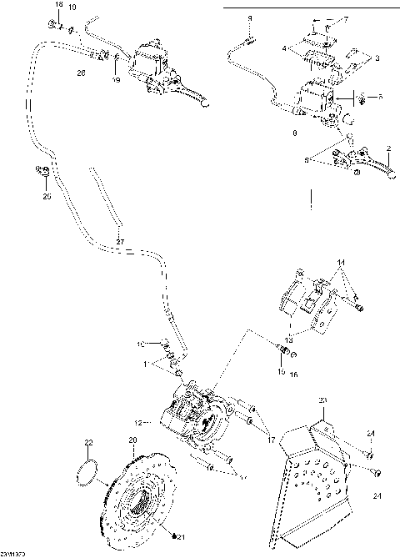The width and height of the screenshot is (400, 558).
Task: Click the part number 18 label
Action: coord(57,6)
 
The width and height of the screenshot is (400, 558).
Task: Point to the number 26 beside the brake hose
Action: coord(81,73)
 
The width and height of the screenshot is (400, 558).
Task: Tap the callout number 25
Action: coord(47,198)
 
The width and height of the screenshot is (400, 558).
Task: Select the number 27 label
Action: coord(119,242)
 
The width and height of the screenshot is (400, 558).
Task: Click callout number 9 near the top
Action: coord(248,18)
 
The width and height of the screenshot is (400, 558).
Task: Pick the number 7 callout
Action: coord(347,18)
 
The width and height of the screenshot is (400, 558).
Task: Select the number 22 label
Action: coord(89,442)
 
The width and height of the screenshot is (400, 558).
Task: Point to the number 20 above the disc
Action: coord(132,440)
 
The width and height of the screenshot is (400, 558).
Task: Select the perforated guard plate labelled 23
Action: coord(317,475)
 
